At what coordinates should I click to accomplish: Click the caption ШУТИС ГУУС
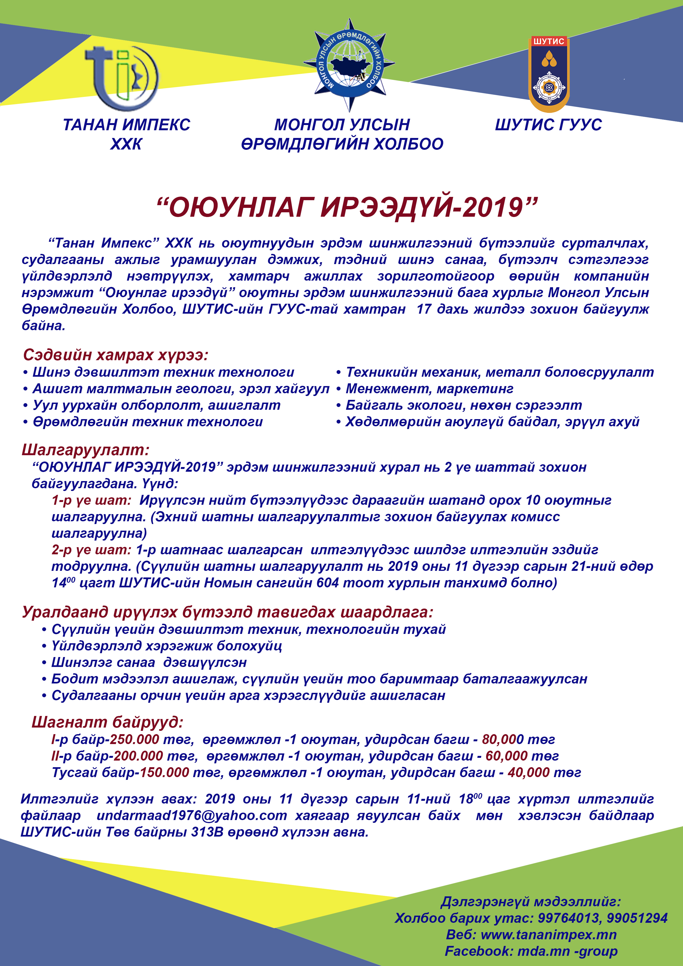click(x=548, y=125)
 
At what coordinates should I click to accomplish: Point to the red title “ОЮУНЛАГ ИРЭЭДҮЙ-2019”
click(x=347, y=207)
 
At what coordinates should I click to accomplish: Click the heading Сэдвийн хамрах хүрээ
click(x=116, y=355)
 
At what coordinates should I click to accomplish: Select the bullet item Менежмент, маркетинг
click(x=429, y=389)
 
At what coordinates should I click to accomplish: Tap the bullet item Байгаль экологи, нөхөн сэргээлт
click(x=463, y=405)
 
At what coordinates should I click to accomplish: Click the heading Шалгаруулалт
click(x=85, y=450)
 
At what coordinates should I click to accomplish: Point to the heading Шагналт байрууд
click(x=108, y=722)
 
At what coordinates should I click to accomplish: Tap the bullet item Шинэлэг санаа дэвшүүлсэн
click(x=149, y=662)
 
